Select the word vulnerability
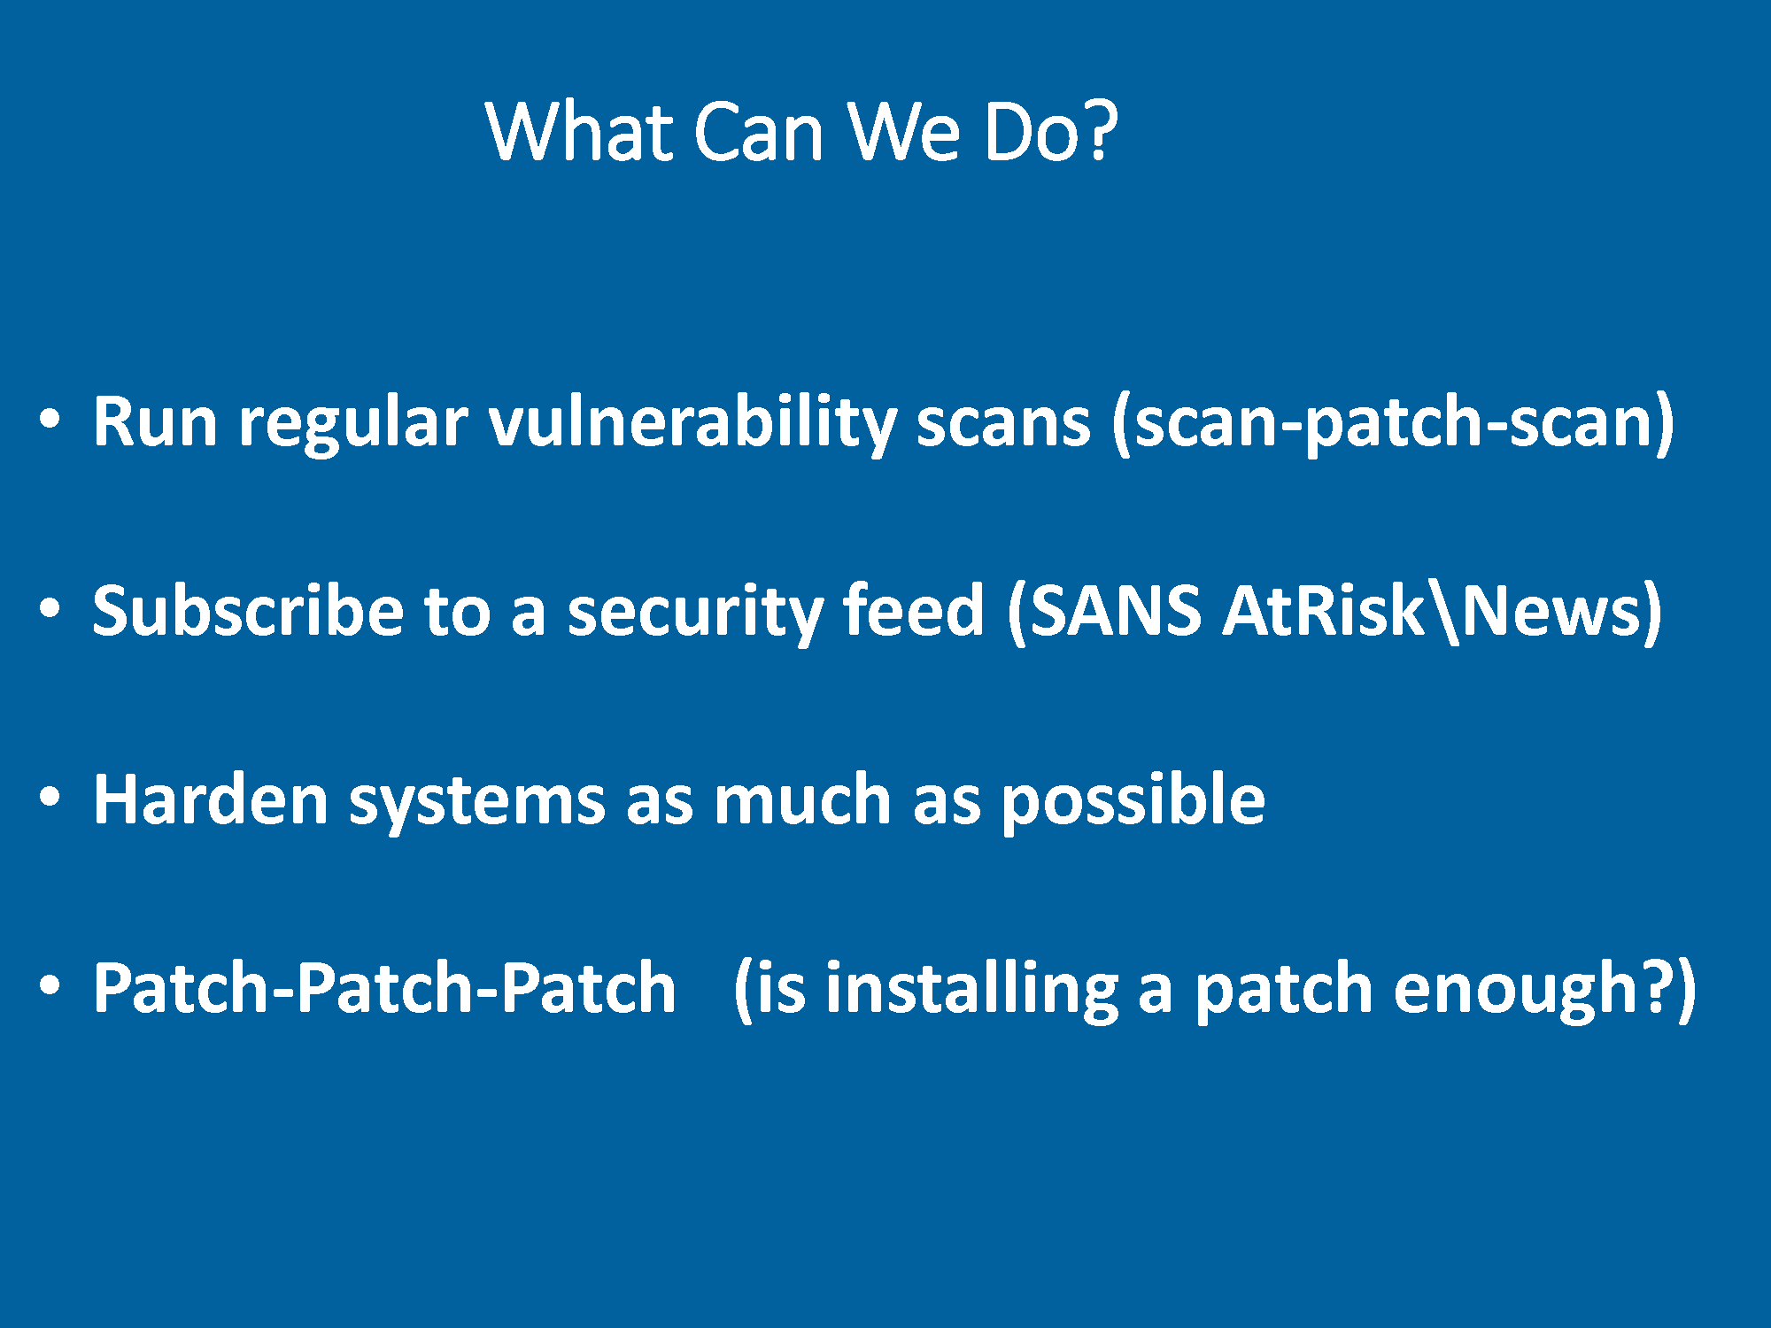click(693, 423)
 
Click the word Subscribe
click(248, 610)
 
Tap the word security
click(694, 613)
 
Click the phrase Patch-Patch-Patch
click(385, 988)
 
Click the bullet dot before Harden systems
click(50, 797)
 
